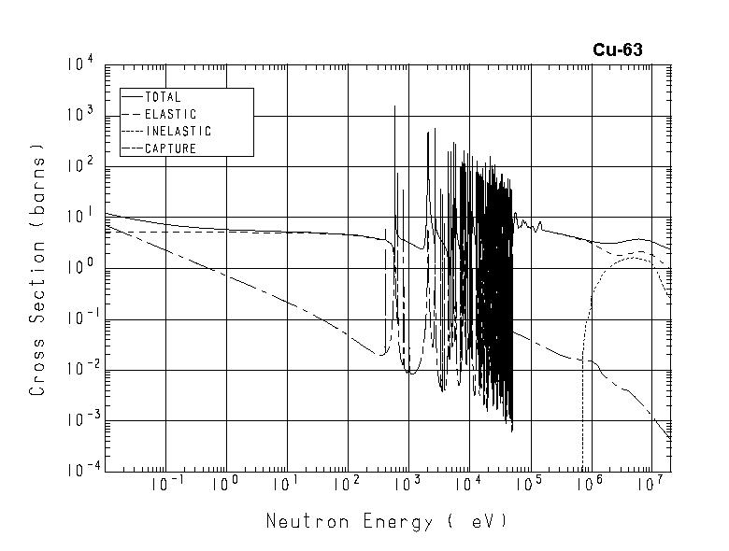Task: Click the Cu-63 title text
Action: click(617, 50)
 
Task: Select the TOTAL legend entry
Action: click(163, 97)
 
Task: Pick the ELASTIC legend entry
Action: click(170, 114)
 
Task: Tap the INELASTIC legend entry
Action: click(178, 132)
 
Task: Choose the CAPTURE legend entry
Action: click(170, 148)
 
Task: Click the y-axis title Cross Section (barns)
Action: click(38, 270)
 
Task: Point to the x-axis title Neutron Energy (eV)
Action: click(386, 521)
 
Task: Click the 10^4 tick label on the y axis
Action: click(79, 65)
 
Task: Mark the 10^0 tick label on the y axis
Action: click(79, 268)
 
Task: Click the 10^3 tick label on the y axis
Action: click(79, 116)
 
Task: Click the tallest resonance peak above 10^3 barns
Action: click(395, 106)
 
